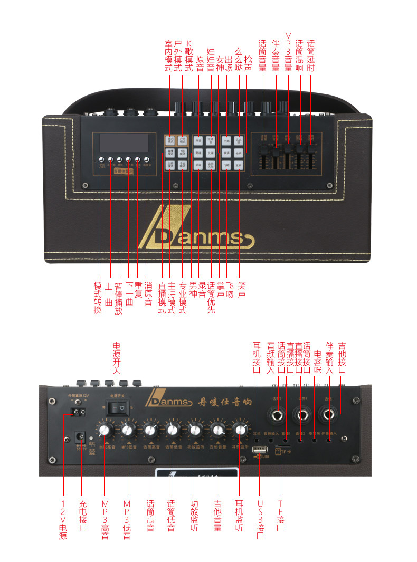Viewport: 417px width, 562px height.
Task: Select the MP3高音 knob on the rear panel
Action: (104, 430)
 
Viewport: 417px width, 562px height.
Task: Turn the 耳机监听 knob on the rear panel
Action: (240, 430)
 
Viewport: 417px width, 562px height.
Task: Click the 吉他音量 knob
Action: (217, 430)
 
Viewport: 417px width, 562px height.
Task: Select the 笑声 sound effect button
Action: (239, 165)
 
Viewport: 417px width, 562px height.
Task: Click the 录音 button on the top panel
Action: (198, 165)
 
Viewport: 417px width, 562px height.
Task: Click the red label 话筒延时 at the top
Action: (310, 56)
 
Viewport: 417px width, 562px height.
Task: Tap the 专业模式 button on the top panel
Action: (183, 165)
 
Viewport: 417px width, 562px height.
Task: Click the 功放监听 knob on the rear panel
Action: (195, 430)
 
